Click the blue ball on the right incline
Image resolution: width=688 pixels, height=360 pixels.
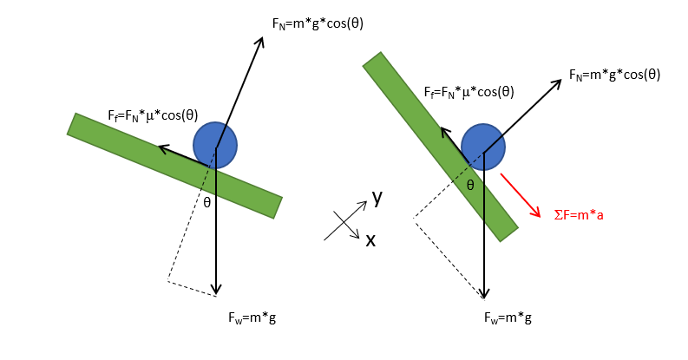pos(482,146)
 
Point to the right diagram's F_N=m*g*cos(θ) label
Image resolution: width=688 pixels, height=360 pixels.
pos(614,75)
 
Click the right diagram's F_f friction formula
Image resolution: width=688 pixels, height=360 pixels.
pos(468,91)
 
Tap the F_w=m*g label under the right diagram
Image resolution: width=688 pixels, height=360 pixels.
pos(508,317)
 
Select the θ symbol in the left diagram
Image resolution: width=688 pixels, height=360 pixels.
pos(206,203)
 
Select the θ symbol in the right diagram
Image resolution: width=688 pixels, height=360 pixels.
pos(469,185)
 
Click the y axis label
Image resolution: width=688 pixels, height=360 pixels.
pos(377,197)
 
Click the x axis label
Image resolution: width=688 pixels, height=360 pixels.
pos(370,240)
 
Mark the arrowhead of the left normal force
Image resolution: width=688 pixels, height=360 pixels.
pos(261,40)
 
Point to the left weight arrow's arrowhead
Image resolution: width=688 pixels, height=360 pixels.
pos(217,291)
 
